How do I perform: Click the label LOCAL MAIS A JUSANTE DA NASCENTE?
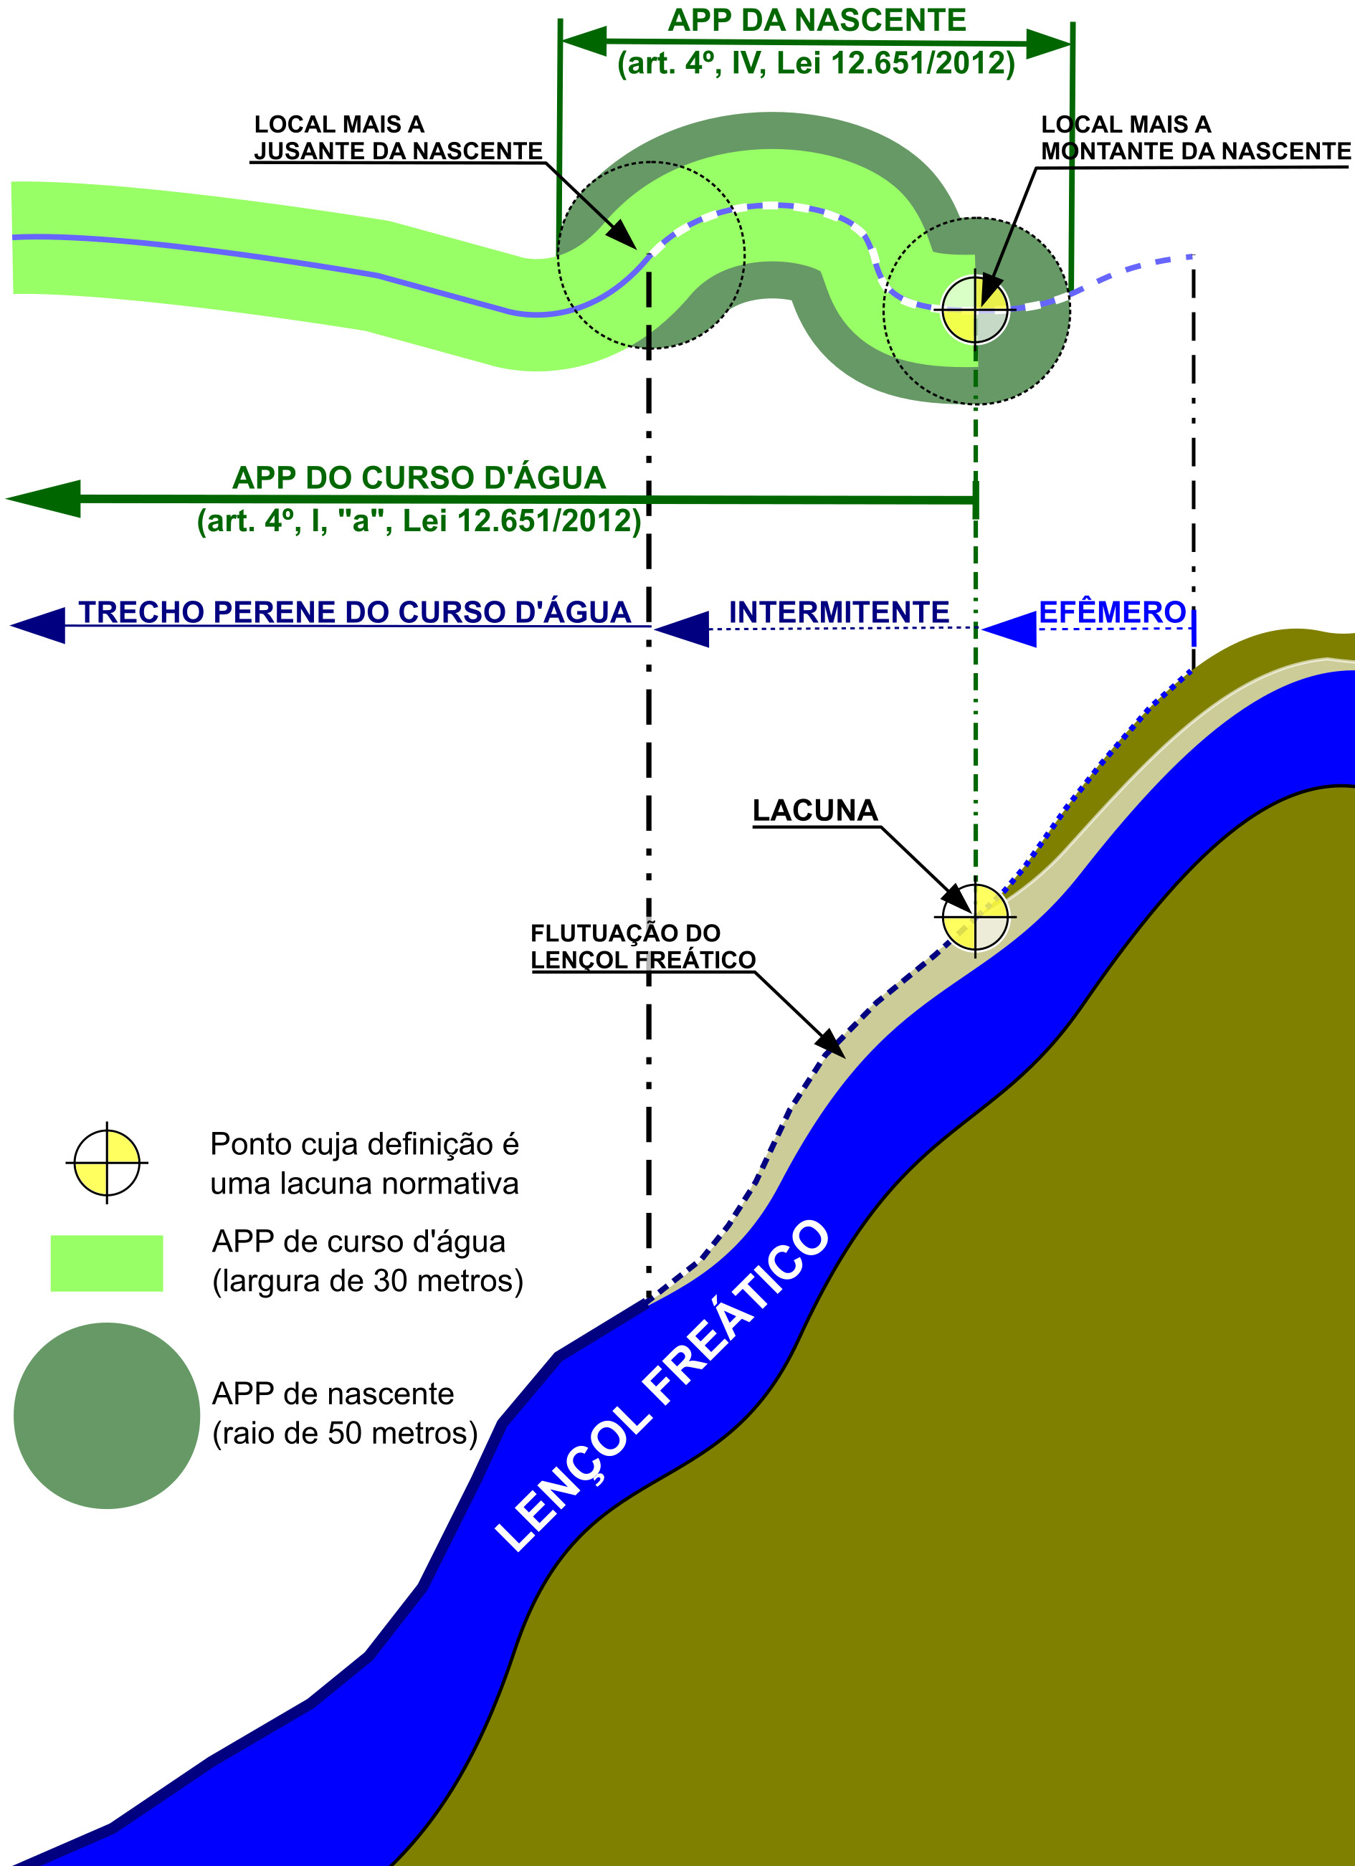click(x=397, y=138)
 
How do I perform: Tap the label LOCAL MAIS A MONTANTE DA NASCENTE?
click(x=1194, y=138)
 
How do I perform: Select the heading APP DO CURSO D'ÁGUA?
click(x=419, y=478)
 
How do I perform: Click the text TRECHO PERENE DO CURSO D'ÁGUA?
click(x=353, y=613)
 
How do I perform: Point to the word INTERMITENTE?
click(x=838, y=613)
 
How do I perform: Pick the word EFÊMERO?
click(x=1111, y=613)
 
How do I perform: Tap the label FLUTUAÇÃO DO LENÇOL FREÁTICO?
click(x=642, y=947)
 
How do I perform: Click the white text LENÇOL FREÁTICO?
click(x=663, y=1386)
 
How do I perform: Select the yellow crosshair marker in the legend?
click(x=107, y=1163)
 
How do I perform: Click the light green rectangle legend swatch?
click(x=107, y=1263)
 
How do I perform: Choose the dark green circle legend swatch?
click(x=107, y=1415)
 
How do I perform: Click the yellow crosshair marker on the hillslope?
click(x=975, y=917)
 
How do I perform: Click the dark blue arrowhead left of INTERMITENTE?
click(x=682, y=629)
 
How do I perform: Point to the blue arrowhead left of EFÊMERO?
click(x=1009, y=629)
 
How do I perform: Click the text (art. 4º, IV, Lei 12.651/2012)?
click(x=816, y=63)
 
